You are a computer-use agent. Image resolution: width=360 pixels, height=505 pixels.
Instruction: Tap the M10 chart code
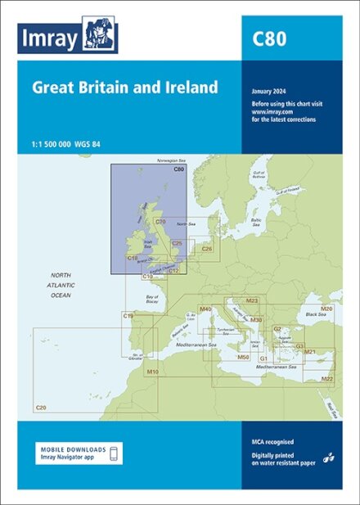pyautogui.click(x=152, y=372)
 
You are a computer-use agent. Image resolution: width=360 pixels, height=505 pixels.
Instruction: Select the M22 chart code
pyautogui.click(x=327, y=379)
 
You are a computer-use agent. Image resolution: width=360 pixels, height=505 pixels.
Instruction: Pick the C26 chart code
pyautogui.click(x=206, y=248)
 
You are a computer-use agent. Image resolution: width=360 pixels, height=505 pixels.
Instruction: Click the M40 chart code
pyautogui.click(x=205, y=309)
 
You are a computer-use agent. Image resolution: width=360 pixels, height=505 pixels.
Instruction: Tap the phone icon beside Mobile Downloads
pyautogui.click(x=115, y=452)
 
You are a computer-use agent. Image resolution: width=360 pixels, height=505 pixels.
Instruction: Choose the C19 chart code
pyautogui.click(x=128, y=315)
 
